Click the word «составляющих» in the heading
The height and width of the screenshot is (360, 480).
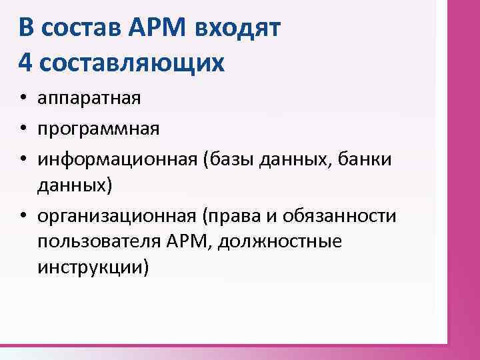click(132, 63)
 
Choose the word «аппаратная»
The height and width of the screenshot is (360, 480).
click(89, 99)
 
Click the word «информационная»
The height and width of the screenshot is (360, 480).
click(118, 158)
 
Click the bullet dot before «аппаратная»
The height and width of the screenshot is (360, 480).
click(23, 100)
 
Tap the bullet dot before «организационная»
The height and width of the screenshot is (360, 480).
click(23, 217)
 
